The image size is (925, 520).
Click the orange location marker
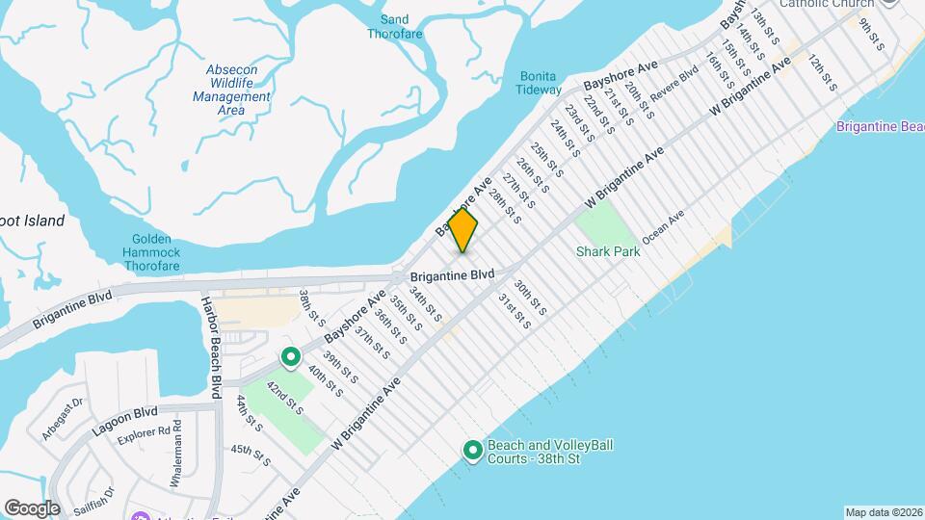click(463, 231)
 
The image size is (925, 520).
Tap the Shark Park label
click(603, 251)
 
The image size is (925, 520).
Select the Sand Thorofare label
click(394, 26)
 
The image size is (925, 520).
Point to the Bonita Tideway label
click(540, 83)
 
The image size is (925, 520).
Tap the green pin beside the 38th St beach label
click(473, 451)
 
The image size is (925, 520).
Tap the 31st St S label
click(515, 310)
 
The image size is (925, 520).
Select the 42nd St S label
click(285, 398)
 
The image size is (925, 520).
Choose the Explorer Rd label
click(145, 435)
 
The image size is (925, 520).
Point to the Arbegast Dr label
click(65, 417)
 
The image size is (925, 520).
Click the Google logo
click(32, 507)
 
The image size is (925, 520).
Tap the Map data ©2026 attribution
click(883, 512)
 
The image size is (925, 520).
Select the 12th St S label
click(822, 74)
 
